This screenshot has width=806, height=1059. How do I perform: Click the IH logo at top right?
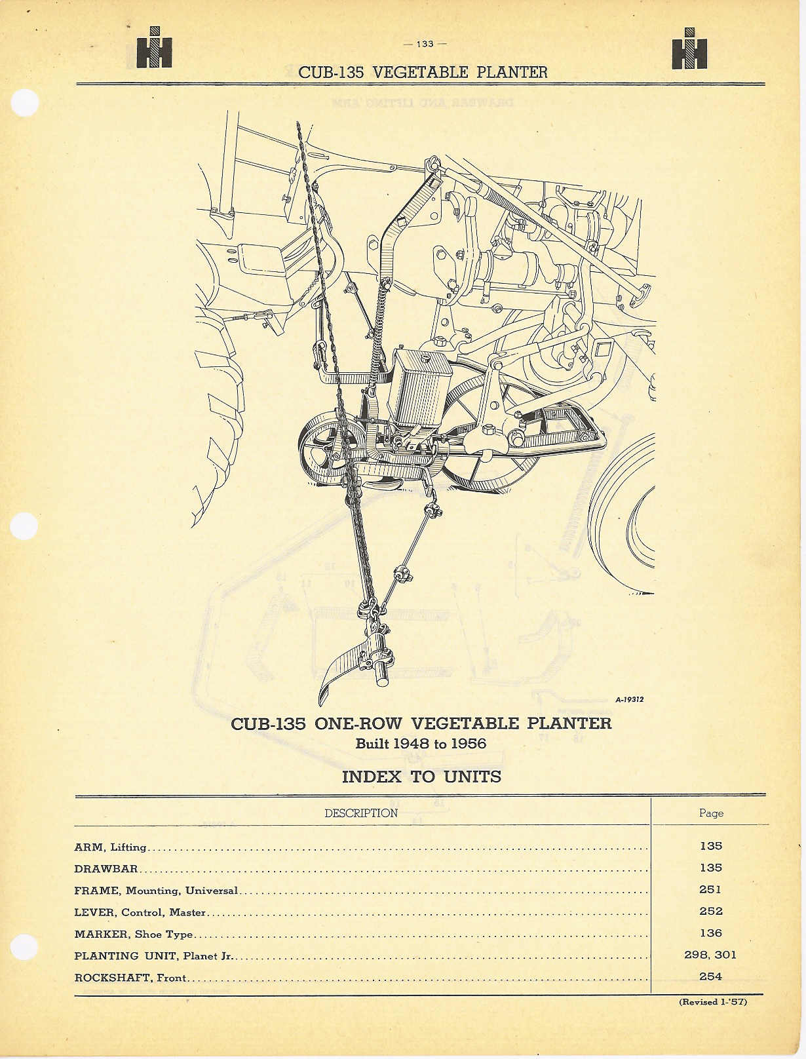[x=689, y=48]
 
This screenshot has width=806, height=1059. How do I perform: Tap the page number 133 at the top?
[x=425, y=44]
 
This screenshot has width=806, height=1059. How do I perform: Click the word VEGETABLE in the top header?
[x=421, y=72]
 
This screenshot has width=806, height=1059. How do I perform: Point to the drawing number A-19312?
[x=630, y=699]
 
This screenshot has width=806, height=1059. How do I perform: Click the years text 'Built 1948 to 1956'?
[x=421, y=744]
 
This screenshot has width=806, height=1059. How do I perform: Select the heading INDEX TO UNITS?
[x=421, y=777]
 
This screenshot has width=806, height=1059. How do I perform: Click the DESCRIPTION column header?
[x=361, y=813]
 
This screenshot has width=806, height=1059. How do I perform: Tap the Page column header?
[x=711, y=813]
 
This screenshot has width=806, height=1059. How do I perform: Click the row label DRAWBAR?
[x=106, y=868]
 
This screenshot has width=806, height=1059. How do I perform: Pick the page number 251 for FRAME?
[x=710, y=889]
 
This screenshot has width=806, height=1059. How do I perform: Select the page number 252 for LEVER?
[x=710, y=911]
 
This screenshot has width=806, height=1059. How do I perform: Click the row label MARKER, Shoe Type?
[x=134, y=934]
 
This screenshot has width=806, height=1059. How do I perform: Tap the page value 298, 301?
[x=710, y=954]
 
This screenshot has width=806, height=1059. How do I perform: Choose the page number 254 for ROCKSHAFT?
[x=710, y=976]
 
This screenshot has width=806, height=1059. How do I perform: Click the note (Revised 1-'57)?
[x=713, y=1001]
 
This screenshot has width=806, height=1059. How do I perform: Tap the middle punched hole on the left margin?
[x=24, y=526]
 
